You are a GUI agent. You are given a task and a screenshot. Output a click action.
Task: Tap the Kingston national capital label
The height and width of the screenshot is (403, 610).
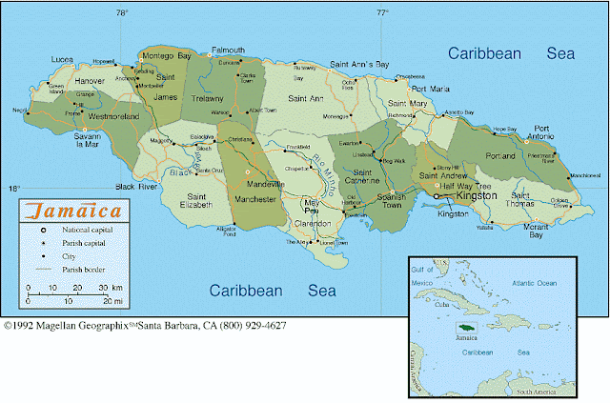pos(477,195)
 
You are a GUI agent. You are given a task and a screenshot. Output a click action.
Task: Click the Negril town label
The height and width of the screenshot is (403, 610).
pos(20,111)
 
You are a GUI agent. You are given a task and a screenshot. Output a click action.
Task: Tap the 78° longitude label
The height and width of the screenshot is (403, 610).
pos(121,12)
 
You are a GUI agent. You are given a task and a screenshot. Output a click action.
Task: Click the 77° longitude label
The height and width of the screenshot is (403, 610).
pos(381,12)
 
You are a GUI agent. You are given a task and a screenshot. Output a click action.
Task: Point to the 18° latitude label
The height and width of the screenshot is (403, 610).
pos(13,189)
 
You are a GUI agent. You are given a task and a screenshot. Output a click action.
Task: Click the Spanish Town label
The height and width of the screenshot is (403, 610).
pos(393,202)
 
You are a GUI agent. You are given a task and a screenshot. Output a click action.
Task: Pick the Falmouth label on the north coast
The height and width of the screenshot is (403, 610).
pos(228,50)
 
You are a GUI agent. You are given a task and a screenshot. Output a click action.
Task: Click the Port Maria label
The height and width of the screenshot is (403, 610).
pos(429,88)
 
